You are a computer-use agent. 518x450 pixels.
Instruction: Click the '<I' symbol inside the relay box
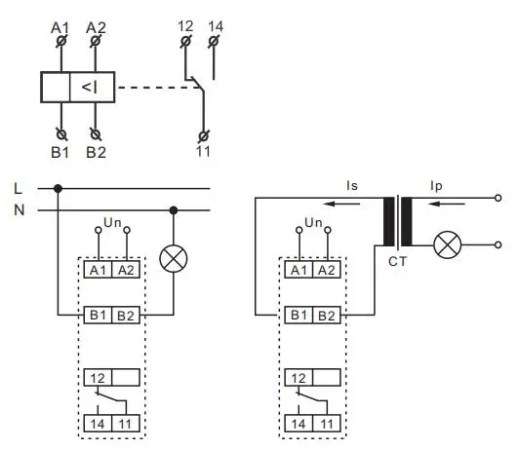point(88,89)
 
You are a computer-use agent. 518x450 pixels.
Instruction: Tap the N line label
point(18,209)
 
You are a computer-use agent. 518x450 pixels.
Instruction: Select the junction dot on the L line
point(60,188)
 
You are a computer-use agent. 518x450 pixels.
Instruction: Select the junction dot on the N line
point(174,209)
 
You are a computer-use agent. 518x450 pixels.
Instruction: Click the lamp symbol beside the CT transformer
point(447,245)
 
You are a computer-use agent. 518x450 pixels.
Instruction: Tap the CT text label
point(397,261)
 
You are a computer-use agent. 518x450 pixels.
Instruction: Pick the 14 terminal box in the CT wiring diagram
point(298,424)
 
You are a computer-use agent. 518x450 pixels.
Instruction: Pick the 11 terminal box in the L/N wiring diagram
point(124,424)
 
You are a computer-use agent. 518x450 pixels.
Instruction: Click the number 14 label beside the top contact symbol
point(216,26)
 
